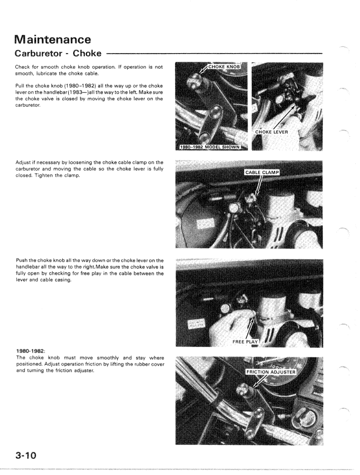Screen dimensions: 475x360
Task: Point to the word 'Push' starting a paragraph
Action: tap(23, 261)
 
